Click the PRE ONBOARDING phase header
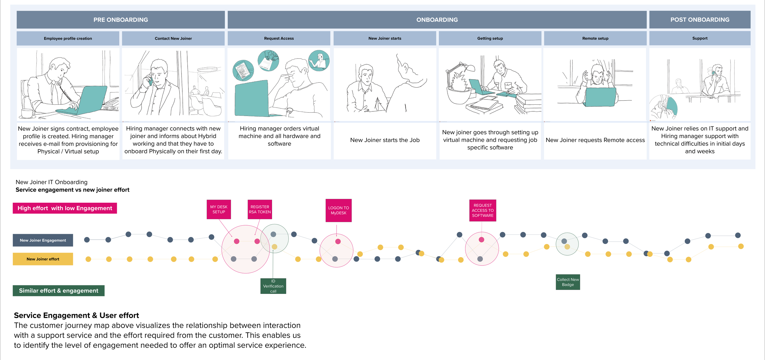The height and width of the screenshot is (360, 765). click(121, 20)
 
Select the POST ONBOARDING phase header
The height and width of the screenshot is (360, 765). click(700, 20)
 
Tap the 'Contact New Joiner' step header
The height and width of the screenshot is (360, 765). click(173, 38)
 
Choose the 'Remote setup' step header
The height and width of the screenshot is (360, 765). click(595, 38)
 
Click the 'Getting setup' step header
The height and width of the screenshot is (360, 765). click(490, 38)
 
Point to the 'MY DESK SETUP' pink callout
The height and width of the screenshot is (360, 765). click(219, 209)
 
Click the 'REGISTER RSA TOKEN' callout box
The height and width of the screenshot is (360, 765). click(260, 209)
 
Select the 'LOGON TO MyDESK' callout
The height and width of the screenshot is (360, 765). click(338, 210)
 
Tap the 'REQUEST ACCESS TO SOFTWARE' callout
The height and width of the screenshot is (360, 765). click(483, 210)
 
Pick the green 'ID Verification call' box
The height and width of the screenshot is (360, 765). click(273, 286)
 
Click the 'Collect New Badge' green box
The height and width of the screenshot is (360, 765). click(568, 282)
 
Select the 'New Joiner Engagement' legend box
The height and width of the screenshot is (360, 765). click(43, 240)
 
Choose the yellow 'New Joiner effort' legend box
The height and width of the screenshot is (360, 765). click(43, 259)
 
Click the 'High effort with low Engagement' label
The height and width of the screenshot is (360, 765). click(65, 208)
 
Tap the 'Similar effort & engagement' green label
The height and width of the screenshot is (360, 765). click(58, 291)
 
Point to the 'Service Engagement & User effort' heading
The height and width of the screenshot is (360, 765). click(76, 315)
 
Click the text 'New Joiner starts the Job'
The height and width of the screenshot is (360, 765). click(385, 140)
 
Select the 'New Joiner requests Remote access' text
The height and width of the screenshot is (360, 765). click(595, 140)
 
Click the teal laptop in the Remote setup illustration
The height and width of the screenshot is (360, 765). click(600, 97)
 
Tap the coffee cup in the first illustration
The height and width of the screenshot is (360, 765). click(28, 113)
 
